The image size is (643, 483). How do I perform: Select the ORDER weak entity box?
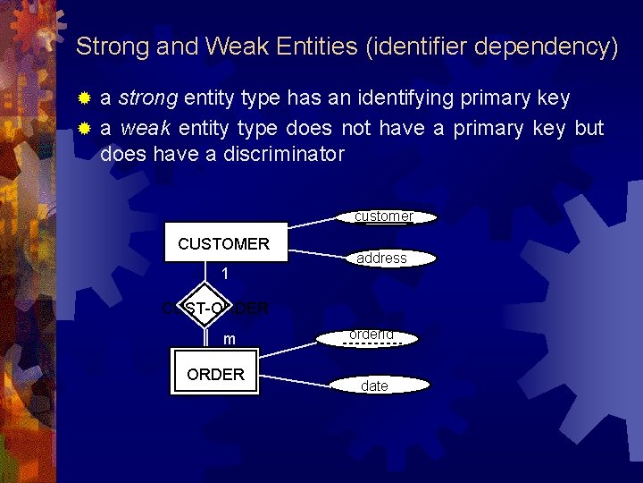(215, 374)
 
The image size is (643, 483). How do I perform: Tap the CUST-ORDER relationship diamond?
(216, 309)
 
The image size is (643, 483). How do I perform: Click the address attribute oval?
(382, 258)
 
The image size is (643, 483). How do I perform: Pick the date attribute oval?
(375, 386)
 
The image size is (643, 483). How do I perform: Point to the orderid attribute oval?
(372, 336)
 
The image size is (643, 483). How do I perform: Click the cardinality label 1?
(227, 273)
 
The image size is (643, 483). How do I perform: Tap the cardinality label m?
(230, 339)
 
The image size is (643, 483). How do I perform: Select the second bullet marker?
(85, 129)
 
